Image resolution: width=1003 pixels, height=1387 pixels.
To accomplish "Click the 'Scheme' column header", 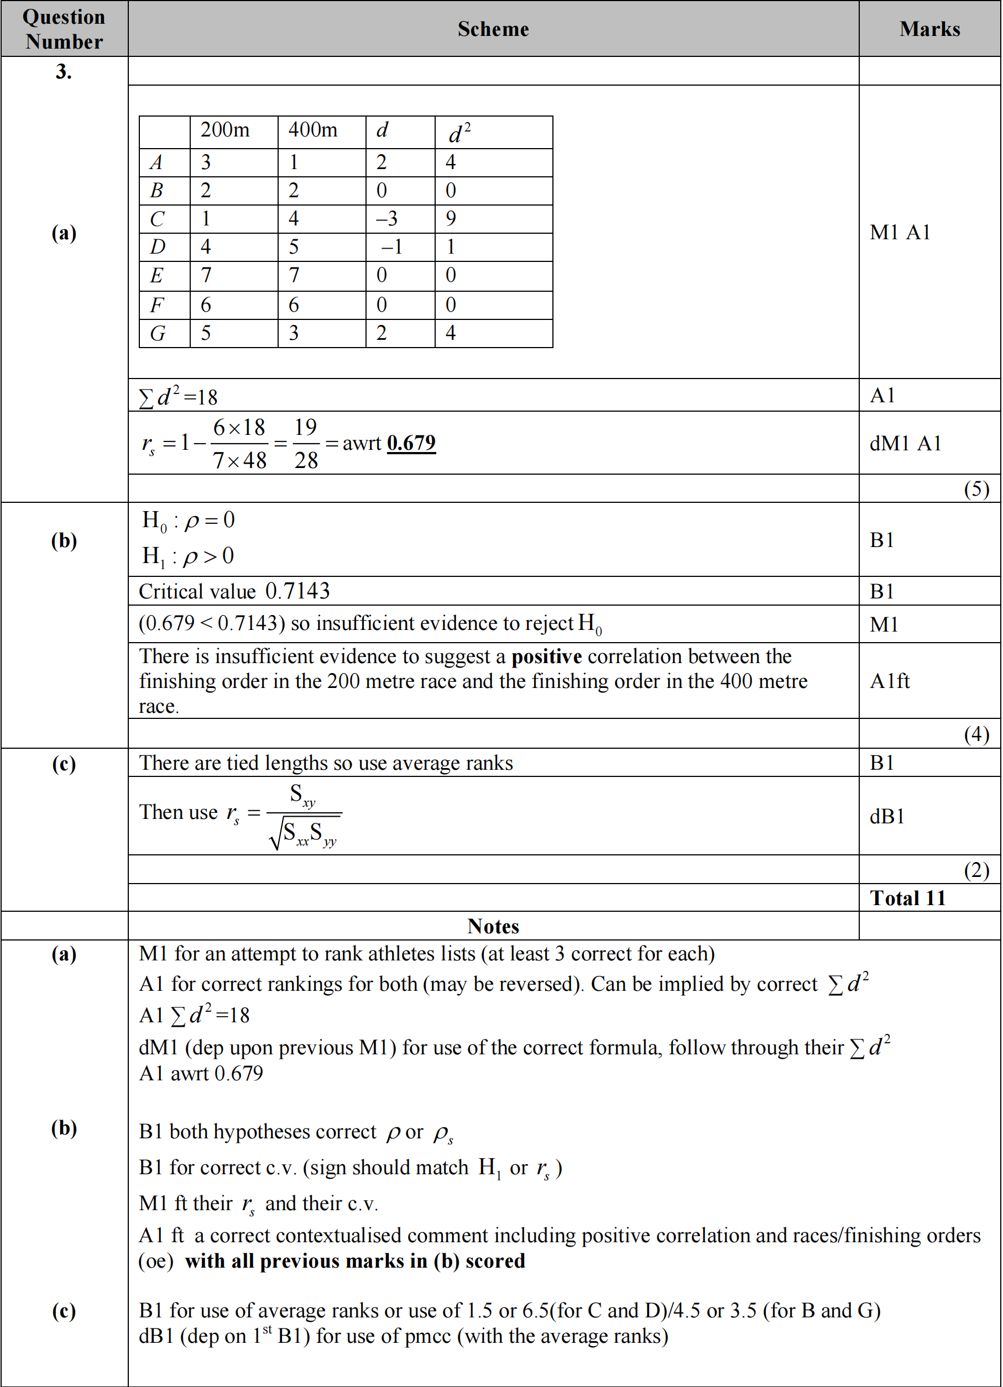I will click(493, 29).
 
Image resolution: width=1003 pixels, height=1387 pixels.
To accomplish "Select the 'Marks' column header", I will click(929, 29).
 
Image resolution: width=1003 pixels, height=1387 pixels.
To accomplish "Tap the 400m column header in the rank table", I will click(313, 130).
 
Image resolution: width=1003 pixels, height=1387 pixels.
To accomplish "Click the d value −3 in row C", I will click(386, 218).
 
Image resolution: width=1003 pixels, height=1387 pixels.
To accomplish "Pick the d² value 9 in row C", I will click(451, 218).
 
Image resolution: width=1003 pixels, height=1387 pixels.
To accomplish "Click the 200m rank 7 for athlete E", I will click(206, 275).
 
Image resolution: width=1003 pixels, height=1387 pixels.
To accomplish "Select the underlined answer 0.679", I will click(411, 443).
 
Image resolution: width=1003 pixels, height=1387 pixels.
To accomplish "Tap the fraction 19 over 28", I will click(306, 443).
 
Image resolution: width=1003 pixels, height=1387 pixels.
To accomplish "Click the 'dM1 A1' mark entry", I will click(905, 443).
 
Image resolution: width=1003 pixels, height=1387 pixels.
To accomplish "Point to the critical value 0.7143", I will click(297, 591).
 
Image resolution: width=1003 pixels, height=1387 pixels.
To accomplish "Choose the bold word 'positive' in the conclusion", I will click(546, 656).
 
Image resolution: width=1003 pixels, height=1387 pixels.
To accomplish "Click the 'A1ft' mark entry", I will click(890, 681).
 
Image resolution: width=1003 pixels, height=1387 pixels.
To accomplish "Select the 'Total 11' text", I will click(907, 898).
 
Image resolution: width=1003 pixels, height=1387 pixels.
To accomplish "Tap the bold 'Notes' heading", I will click(493, 926).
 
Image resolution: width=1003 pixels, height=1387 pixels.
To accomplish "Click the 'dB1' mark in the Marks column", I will click(887, 816).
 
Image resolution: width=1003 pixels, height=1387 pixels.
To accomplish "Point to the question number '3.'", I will click(64, 71).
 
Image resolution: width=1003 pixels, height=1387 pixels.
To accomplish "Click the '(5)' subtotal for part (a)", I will click(976, 488).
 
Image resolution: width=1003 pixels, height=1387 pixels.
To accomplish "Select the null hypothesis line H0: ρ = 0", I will click(189, 521).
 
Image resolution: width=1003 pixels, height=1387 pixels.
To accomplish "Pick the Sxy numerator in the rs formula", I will click(303, 795).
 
